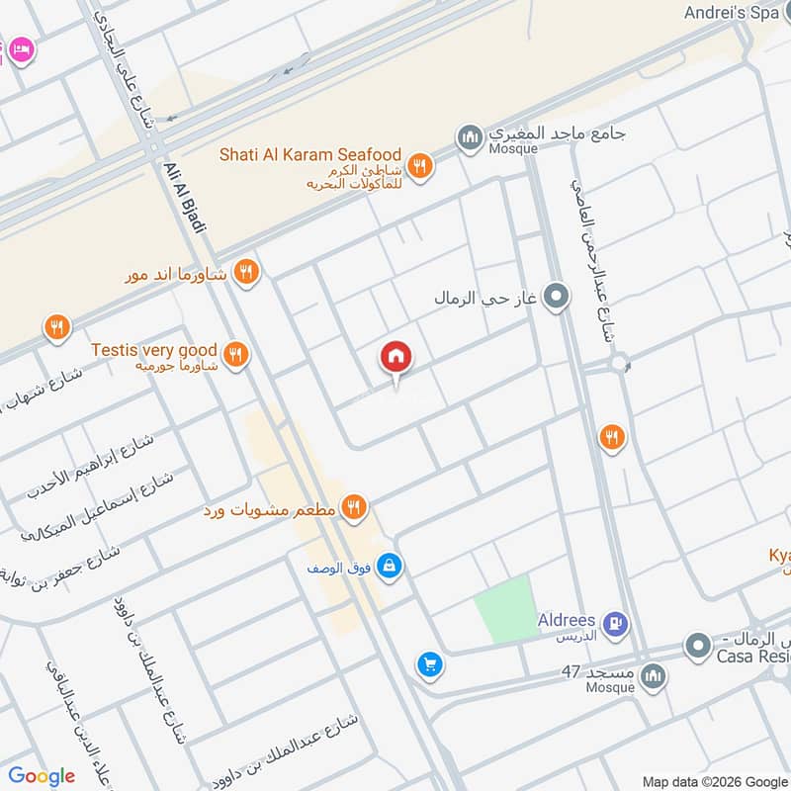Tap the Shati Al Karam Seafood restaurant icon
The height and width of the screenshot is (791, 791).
coord(420,165)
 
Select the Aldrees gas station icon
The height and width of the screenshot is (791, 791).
coord(616,623)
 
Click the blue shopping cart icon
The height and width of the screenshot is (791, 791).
coord(429,664)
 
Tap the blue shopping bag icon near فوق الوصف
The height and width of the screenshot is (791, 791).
coord(391,565)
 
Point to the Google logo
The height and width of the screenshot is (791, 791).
coord(42,776)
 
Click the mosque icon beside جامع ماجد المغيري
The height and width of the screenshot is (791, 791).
coord(470,134)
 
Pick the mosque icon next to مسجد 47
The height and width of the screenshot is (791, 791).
coord(653,676)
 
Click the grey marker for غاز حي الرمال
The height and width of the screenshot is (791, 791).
coord(557,296)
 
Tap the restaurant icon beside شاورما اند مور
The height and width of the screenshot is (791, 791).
coord(247,272)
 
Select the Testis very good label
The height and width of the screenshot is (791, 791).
coord(153,350)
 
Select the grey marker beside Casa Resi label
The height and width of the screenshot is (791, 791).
coord(699,647)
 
